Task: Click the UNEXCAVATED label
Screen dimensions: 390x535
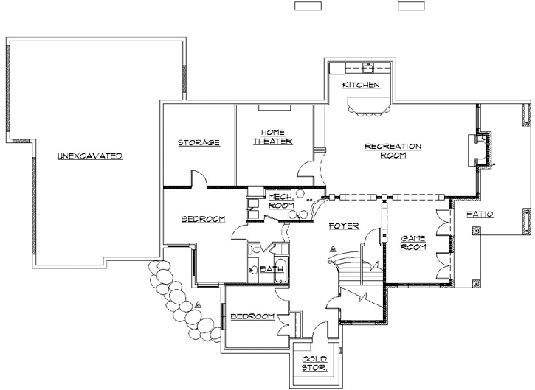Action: click(89, 156)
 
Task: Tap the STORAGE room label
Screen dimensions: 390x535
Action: click(199, 142)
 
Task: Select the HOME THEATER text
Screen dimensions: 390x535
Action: click(273, 136)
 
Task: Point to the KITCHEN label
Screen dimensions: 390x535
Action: click(362, 86)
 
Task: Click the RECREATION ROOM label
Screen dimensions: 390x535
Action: click(393, 150)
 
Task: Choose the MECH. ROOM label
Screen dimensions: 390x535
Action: click(280, 201)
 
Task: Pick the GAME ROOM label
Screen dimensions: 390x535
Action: click(413, 243)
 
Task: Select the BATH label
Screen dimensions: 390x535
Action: click(270, 269)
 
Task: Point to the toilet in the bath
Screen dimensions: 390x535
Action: click(253, 270)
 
